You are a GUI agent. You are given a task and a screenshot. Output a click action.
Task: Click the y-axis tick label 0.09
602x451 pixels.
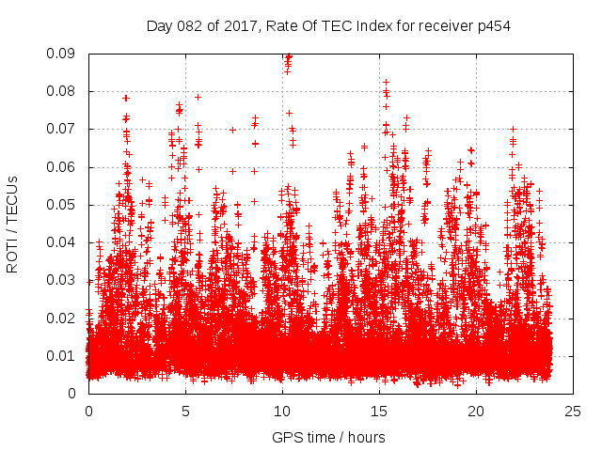(63, 54)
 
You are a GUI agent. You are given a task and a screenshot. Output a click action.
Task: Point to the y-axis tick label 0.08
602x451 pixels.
(63, 91)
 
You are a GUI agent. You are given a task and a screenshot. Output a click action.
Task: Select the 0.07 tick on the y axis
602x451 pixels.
(63, 129)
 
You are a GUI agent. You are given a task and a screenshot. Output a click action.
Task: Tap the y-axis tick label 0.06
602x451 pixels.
(63, 167)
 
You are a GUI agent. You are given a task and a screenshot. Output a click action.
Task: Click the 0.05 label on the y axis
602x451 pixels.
(63, 205)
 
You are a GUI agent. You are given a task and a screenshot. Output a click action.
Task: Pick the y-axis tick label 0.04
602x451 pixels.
(63, 242)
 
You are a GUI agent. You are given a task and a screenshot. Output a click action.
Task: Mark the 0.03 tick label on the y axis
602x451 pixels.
(63, 280)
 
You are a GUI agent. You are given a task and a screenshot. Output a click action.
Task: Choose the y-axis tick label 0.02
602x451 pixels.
(63, 318)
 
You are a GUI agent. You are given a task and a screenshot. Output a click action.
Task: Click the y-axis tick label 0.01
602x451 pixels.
(63, 355)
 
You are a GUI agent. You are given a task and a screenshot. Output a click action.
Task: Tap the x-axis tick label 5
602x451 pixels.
(185, 411)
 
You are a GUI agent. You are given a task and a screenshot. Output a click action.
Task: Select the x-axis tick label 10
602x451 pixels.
(282, 411)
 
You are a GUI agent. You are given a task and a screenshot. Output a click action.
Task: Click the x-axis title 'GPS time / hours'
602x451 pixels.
(328, 437)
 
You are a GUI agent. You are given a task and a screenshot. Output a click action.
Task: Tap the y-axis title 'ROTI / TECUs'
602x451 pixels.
(12, 224)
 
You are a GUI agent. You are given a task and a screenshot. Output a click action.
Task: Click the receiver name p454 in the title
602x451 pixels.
(493, 25)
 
